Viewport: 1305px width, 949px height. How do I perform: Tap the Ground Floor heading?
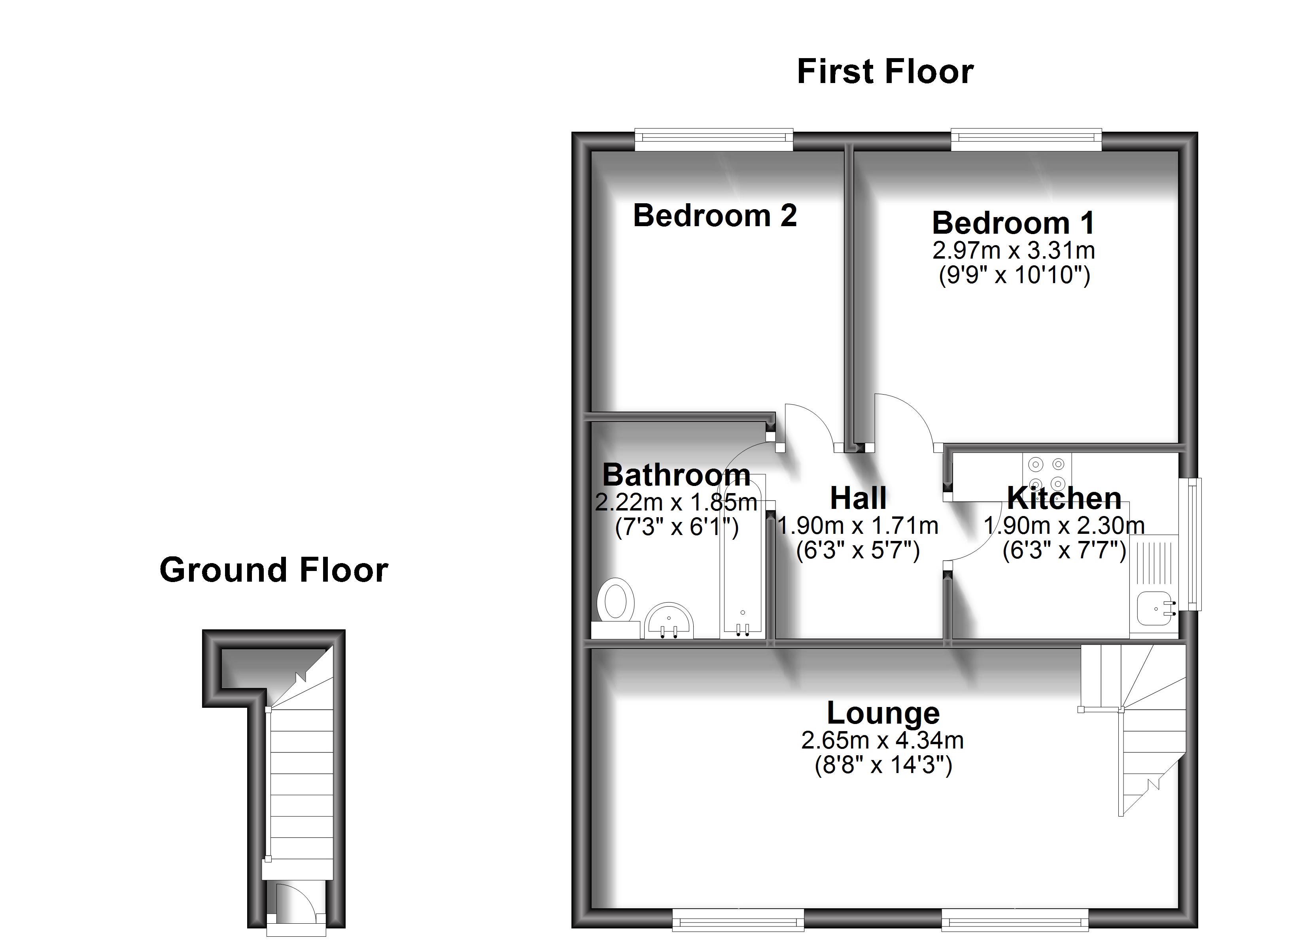pyautogui.click(x=274, y=570)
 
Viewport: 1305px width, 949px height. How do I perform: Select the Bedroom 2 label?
pyautogui.click(x=715, y=216)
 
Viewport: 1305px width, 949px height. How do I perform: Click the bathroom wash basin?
pyautogui.click(x=669, y=622)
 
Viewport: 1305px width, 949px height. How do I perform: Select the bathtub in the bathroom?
pyautogui.click(x=742, y=558)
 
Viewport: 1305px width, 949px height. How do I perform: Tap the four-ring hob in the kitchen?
pyautogui.click(x=1047, y=473)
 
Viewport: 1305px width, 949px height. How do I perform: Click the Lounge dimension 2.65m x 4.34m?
pyautogui.click(x=883, y=741)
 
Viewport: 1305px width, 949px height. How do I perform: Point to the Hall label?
pyautogui.click(x=857, y=498)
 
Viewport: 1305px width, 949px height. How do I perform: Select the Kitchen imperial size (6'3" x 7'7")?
pyautogui.click(x=1064, y=551)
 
